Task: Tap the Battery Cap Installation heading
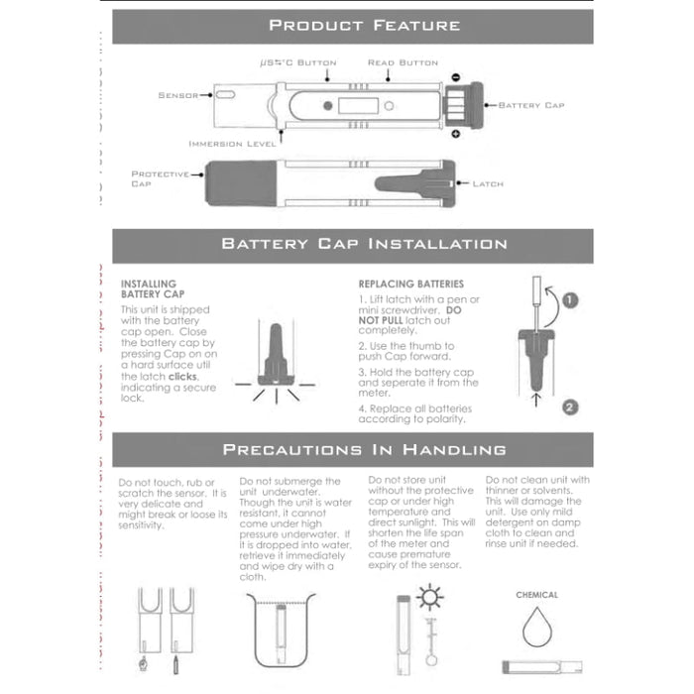pyautogui.click(x=364, y=244)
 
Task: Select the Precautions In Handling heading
pyautogui.click(x=364, y=450)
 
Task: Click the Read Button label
pyautogui.click(x=403, y=62)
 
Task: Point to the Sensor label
pyautogui.click(x=177, y=95)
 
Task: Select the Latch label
pyautogui.click(x=488, y=183)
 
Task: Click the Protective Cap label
pyautogui.click(x=159, y=178)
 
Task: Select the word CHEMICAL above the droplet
pyautogui.click(x=536, y=595)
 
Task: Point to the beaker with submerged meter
pyautogui.click(x=281, y=634)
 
